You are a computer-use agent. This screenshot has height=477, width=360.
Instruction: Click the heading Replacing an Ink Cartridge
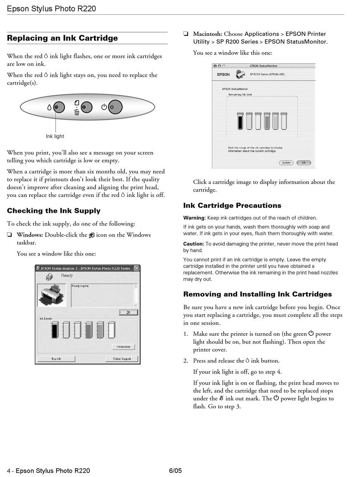coord(63,38)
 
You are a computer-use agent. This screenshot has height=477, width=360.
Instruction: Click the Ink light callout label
coord(55,136)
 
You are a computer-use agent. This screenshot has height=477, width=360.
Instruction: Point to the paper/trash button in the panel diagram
coord(87,108)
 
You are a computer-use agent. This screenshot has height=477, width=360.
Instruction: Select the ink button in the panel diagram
coord(59,108)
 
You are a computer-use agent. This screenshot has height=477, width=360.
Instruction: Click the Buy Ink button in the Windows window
coord(56,359)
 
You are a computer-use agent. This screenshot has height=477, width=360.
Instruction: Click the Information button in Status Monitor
coord(124,347)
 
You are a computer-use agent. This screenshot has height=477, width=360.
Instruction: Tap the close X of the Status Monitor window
coord(136,268)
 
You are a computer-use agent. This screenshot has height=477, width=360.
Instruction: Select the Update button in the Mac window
coord(286,163)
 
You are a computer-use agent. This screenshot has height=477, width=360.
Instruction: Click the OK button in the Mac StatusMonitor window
coord(304,163)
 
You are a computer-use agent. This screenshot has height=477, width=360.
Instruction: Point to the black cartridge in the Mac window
coord(240,121)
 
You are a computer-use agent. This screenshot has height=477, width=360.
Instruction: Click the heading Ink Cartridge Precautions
coord(232,206)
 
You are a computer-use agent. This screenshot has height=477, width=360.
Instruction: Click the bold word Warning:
coord(194,218)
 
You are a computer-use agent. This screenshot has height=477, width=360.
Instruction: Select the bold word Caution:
coord(194,244)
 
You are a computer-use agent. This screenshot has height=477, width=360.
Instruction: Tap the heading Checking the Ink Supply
coord(54,211)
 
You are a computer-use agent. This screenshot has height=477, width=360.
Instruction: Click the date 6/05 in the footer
coord(175,471)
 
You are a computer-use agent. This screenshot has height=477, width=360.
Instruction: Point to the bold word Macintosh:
coord(208,34)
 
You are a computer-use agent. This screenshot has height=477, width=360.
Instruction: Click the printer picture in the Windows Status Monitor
coord(52,295)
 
